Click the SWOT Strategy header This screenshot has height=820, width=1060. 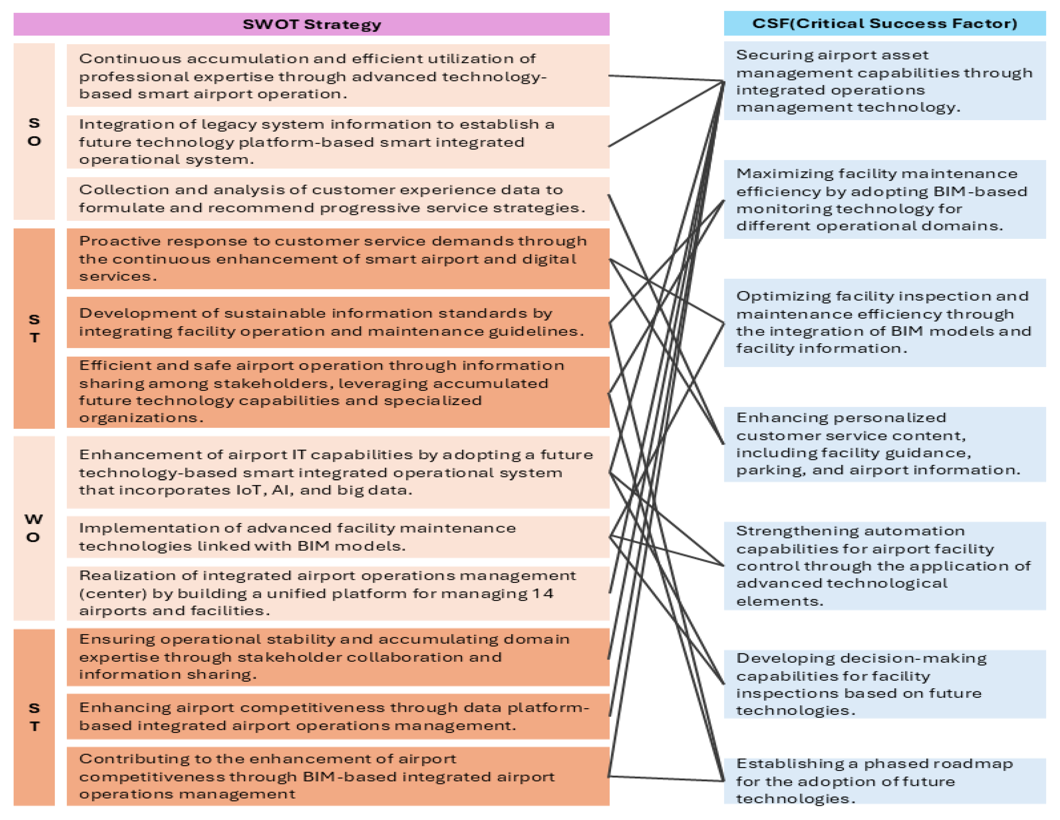coord(312,24)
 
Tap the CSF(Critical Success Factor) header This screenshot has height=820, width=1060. coord(884,23)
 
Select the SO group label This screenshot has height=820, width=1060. coord(34,131)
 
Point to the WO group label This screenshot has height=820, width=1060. coord(33,528)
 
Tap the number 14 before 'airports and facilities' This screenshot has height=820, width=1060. coord(543,593)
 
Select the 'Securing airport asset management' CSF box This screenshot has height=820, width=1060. coord(884,81)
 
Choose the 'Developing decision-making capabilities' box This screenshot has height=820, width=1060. coord(884,684)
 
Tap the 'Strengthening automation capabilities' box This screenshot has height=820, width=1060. coord(884,566)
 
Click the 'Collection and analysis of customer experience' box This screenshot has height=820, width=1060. coord(338,198)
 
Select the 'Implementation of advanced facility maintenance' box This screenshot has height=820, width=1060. coord(338,537)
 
